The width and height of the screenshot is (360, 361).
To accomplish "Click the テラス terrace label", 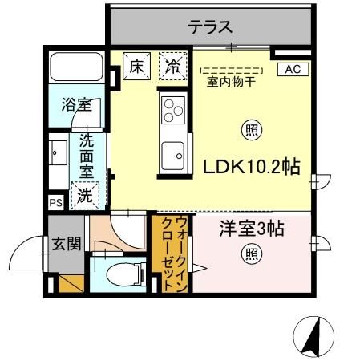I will click(x=210, y=27).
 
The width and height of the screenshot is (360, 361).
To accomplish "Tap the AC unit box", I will click(x=292, y=70).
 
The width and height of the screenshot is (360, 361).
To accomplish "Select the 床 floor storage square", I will click(x=138, y=67).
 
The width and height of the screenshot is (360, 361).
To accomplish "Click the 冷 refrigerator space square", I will click(x=172, y=67).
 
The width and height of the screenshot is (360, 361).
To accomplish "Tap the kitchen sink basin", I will click(x=172, y=152).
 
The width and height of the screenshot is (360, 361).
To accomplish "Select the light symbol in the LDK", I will click(x=251, y=129).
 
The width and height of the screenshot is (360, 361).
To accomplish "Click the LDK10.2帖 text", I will click(x=251, y=168).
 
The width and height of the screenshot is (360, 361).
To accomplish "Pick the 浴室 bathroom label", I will click(x=76, y=105).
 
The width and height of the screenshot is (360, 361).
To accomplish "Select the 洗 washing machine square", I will click(x=84, y=193).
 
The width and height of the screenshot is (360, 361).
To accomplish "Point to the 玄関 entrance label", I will click(x=67, y=244).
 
